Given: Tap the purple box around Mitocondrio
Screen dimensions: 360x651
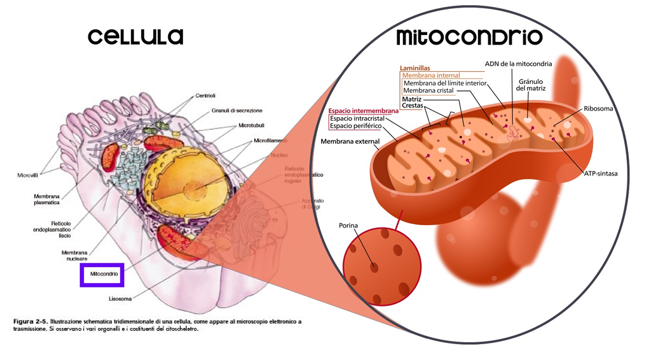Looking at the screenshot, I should click(102, 274).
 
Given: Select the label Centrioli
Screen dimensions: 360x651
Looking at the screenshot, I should click(207, 96).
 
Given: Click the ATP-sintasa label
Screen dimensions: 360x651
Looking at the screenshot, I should click(601, 173).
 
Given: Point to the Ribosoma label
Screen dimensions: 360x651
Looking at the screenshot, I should click(598, 109).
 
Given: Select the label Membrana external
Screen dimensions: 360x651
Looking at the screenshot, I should click(350, 141).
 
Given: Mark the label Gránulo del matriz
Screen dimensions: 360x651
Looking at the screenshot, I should click(532, 85).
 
